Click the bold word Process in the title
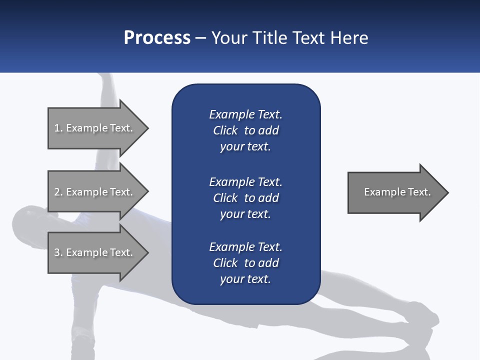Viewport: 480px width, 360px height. point(157,38)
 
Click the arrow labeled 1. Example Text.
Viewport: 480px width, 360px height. point(95,128)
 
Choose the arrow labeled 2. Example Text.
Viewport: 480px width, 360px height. point(95,192)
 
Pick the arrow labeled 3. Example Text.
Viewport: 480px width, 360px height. point(95,252)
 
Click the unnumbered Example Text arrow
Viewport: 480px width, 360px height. point(395,192)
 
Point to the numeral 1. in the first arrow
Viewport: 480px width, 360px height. point(58,128)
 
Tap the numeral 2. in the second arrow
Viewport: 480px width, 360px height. point(58,192)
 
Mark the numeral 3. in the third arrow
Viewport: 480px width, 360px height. point(58,252)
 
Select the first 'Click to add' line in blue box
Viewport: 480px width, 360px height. point(245,130)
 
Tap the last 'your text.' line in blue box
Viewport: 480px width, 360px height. point(245,279)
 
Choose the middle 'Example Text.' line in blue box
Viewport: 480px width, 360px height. point(245,181)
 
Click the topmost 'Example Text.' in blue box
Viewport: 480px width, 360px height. point(245,114)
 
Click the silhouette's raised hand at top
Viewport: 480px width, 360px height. point(105,80)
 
